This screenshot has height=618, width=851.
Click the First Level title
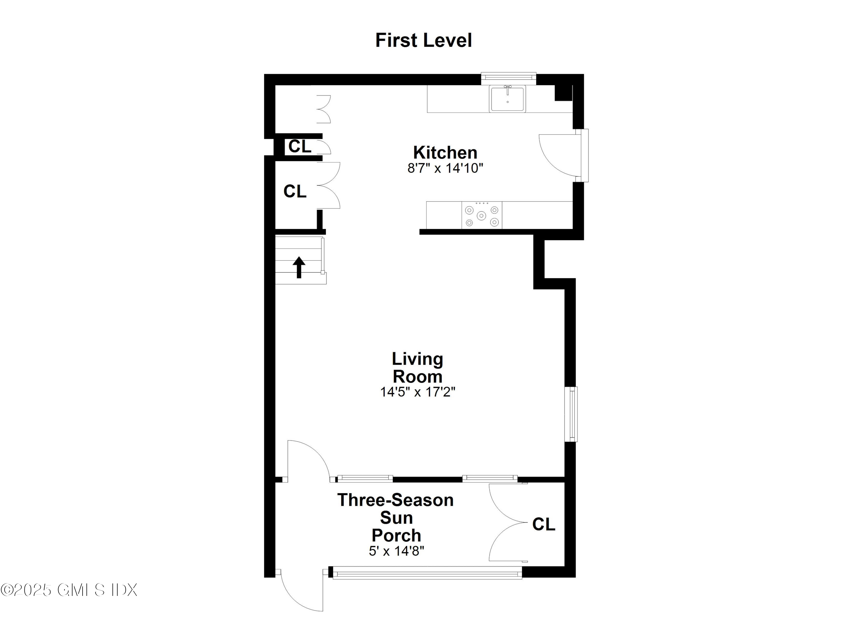[x=423, y=41]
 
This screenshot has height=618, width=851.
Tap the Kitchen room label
[x=445, y=152]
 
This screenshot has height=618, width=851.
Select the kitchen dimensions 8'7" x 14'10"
[x=445, y=168]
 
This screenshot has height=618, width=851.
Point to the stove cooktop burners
[x=482, y=216]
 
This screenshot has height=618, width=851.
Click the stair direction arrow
[x=299, y=267]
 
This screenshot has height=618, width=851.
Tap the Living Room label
[x=418, y=368]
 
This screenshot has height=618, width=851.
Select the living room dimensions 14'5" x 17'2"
[x=418, y=392]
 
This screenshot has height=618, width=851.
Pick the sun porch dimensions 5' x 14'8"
[x=396, y=551]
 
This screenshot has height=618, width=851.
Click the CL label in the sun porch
[x=543, y=524]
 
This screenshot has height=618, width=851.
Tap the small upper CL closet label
[x=300, y=146]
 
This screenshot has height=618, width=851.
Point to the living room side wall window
[x=571, y=414]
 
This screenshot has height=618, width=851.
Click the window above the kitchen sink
[x=508, y=77]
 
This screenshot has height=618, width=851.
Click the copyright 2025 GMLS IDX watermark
[x=69, y=590]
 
